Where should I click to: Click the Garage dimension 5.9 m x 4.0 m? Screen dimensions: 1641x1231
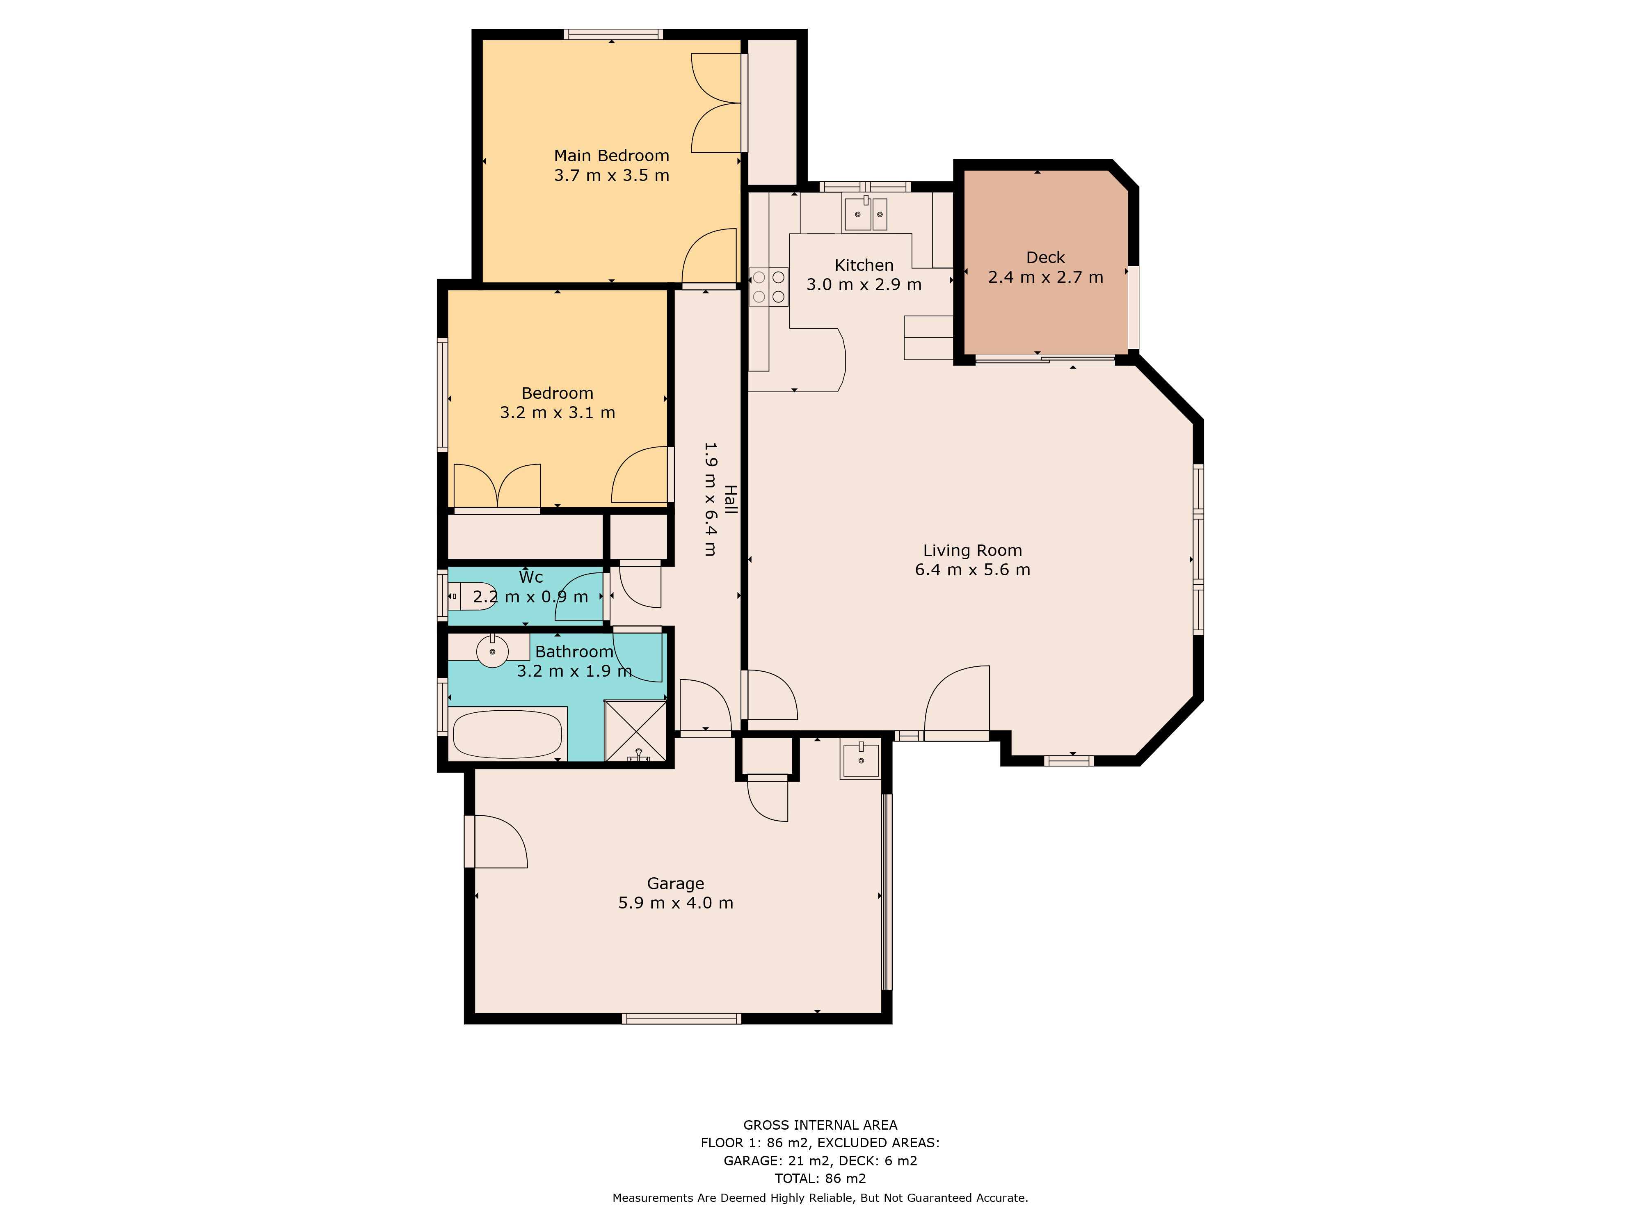tap(675, 903)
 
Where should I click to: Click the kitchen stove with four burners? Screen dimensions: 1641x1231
tap(768, 286)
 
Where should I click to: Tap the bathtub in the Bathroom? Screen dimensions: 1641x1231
tap(508, 734)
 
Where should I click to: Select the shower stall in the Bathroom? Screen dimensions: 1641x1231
tap(636, 731)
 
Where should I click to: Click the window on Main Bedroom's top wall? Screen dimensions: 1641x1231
tap(613, 34)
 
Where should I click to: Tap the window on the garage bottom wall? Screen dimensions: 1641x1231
tap(681, 1019)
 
